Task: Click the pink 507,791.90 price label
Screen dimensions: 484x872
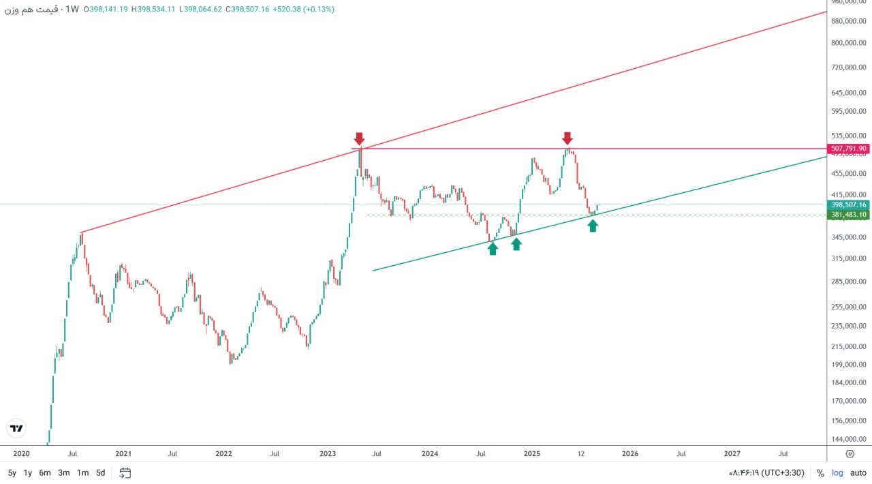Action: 848,149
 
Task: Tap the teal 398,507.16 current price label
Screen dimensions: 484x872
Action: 848,205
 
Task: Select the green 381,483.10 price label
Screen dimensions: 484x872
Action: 848,215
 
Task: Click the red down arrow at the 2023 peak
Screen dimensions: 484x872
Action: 360,139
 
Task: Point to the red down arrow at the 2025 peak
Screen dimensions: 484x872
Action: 567,138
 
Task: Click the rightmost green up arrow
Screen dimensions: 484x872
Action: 593,225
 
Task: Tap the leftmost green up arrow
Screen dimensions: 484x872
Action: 493,249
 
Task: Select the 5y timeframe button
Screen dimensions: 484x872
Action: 12,472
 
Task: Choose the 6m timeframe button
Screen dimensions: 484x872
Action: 45,472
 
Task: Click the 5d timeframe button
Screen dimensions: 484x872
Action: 100,472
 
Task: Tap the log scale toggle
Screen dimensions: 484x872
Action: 837,472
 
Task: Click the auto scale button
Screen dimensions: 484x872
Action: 858,472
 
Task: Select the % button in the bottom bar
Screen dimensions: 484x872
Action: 820,472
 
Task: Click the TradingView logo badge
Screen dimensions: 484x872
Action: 16,428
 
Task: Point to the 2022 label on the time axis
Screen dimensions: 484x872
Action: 223,453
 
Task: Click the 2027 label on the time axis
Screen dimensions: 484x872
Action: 732,453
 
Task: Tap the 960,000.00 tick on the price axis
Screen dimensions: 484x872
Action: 848,2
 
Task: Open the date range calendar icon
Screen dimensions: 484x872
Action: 125,472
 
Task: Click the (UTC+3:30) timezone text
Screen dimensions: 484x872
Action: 783,472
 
